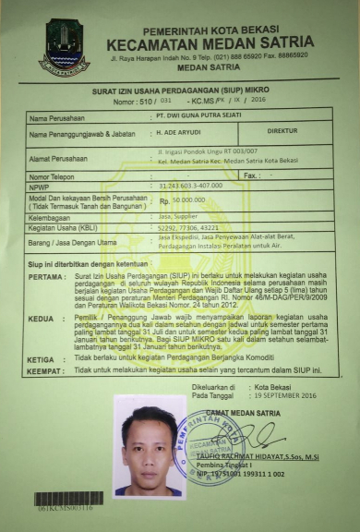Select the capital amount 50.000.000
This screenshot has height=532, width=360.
187,199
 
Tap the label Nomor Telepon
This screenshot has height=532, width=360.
55,175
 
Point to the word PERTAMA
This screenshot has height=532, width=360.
46,276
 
